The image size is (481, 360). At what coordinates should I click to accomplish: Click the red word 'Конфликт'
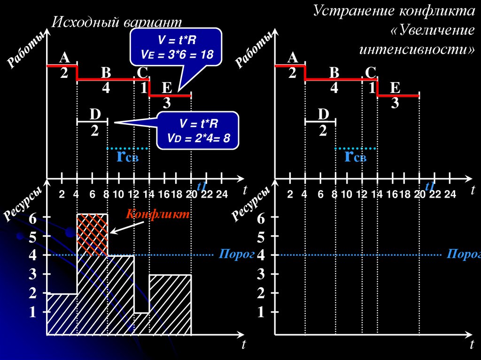pyautogui.click(x=157, y=214)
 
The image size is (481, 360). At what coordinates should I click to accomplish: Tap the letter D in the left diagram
pyautogui.click(x=95, y=114)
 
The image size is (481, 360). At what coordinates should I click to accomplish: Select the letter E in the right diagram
pyautogui.click(x=395, y=88)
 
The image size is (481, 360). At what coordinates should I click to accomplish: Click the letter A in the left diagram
pyautogui.click(x=64, y=58)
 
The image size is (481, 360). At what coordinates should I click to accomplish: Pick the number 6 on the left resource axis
pyautogui.click(x=32, y=218)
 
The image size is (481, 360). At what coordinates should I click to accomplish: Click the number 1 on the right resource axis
pyautogui.click(x=261, y=313)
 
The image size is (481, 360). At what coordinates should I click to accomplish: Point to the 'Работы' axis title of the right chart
pyautogui.click(x=254, y=49)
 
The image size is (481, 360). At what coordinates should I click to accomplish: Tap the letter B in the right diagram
pyautogui.click(x=334, y=73)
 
